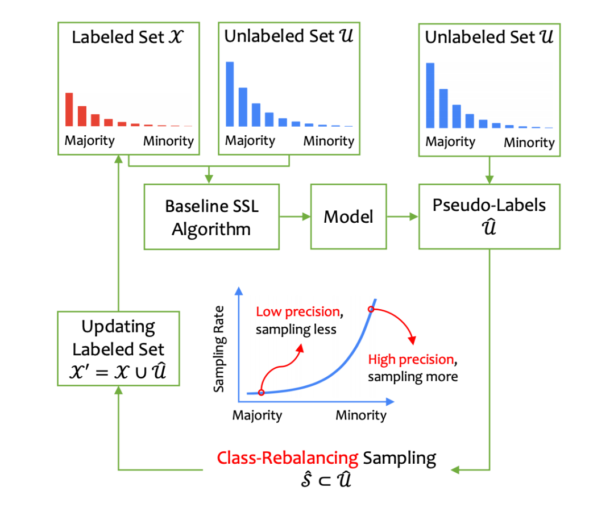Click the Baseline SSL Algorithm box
coord(211,216)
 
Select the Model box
coord(348,216)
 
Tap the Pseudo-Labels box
coord(489,216)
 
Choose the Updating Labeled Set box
coord(118,348)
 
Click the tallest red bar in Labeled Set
coord(69,109)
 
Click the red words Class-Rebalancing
coord(288,457)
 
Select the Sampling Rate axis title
coord(219,349)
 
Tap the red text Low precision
coord(298,311)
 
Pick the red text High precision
coord(410,359)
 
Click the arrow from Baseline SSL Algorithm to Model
coord(294,216)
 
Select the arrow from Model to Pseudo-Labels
coord(402,216)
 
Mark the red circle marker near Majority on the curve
coord(261,392)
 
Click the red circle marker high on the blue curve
coord(371,309)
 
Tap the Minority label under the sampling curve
coord(360,415)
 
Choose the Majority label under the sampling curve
coord(257,415)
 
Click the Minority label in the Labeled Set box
coord(168,141)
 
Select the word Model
coord(348,216)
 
